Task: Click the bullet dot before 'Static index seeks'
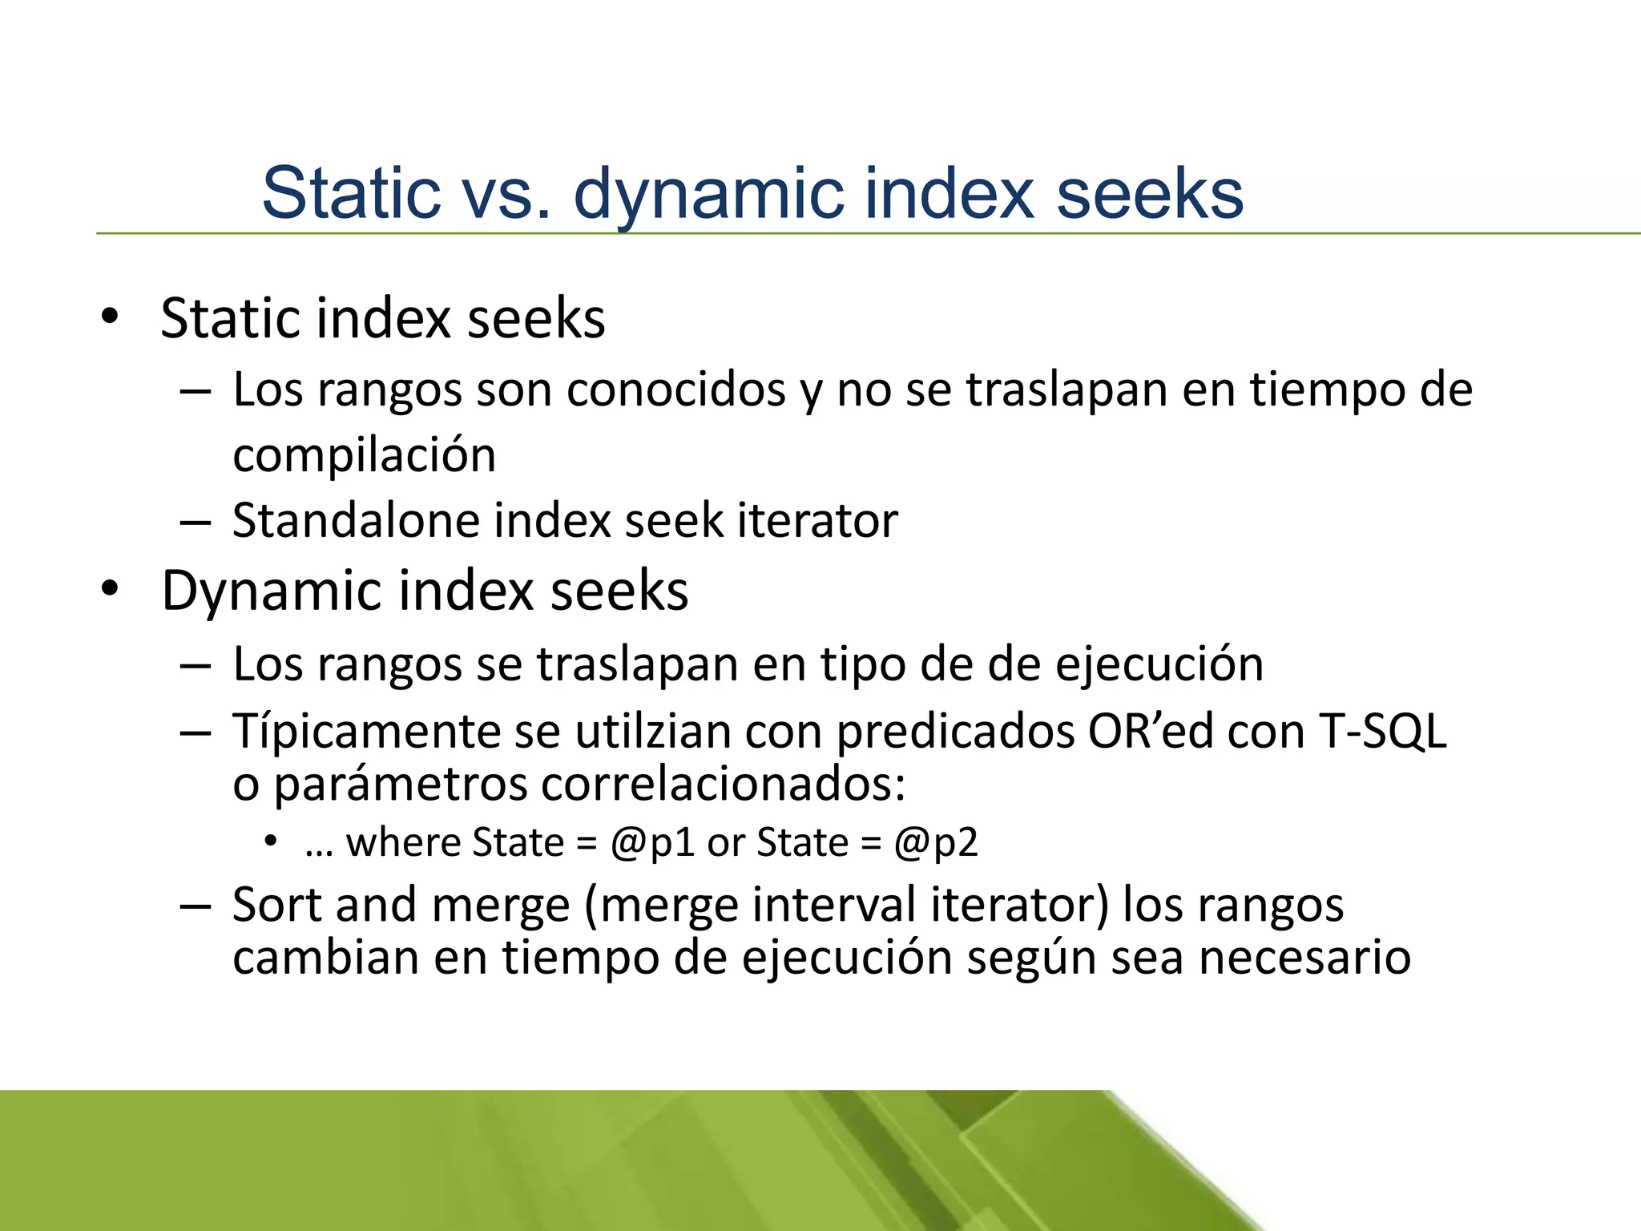[110, 317]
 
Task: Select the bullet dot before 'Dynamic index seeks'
[110, 590]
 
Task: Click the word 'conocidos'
[676, 389]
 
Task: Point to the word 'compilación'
[364, 455]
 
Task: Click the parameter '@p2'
[936, 843]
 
